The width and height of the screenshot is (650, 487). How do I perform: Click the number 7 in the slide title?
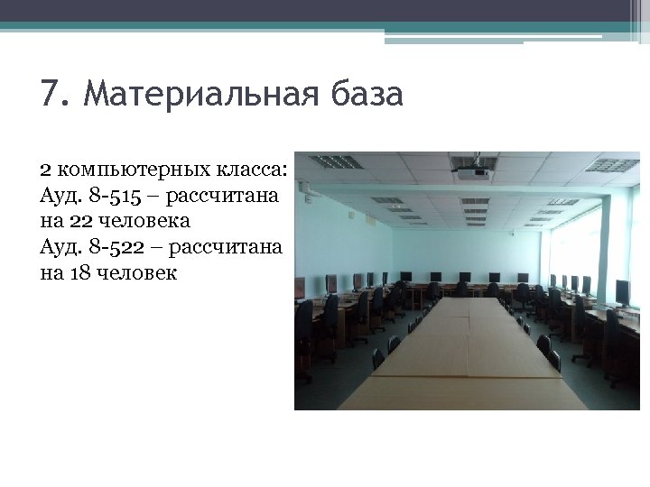(51, 94)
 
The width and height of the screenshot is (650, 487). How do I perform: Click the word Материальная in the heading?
(200, 94)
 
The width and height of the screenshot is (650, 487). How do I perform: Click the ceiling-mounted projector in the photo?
(472, 170)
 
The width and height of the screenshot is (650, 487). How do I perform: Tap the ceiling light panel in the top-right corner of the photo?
(611, 165)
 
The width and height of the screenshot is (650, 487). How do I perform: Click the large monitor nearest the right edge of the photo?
(622, 291)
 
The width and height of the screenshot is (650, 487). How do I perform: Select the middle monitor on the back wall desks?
(464, 277)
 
